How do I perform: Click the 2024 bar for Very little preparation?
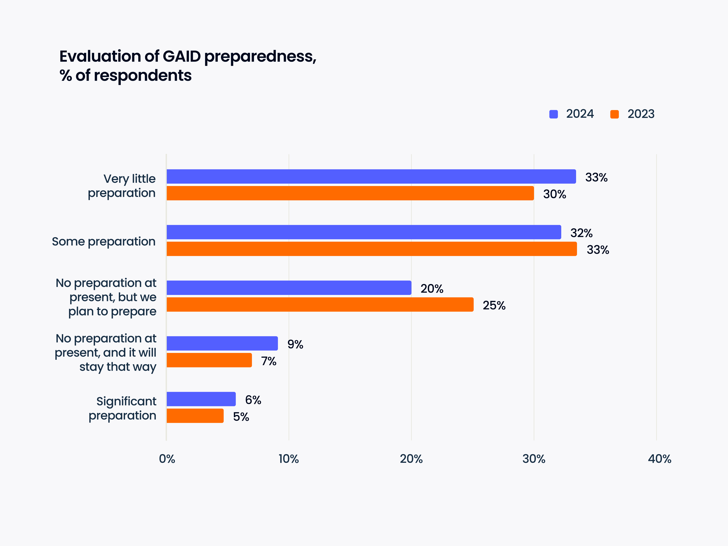coord(371,176)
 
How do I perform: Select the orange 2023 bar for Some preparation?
coord(372,249)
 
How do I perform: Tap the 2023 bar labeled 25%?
coord(320,304)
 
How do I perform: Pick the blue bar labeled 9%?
coord(222,343)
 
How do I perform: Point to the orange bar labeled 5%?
coord(195,416)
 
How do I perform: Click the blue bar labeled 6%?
coord(201,399)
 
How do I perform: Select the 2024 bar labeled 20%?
coord(289,288)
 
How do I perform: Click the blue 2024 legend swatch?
coord(554,114)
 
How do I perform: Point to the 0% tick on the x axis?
coord(167,459)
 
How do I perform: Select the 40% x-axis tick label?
coord(660,459)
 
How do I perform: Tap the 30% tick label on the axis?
coord(534,459)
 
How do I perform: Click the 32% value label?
coord(581,233)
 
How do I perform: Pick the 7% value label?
coord(269,361)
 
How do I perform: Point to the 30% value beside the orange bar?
coord(554,194)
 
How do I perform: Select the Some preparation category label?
coord(104,242)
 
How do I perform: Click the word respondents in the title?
coord(143,76)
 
